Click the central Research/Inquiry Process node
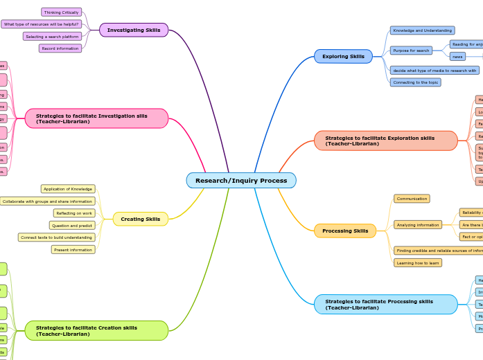241,180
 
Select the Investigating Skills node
134,30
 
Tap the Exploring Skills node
343,56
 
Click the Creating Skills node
141,219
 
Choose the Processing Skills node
345,231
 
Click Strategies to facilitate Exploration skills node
386,141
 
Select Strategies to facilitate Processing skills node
386,305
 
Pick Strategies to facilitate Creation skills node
97,330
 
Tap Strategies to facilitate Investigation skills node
97,118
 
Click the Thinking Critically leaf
61,12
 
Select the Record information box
60,48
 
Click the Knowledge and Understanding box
422,30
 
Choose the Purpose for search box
411,51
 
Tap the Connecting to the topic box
416,82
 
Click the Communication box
412,199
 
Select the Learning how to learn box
418,263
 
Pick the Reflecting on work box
74,213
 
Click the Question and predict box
72,225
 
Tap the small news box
457,57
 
